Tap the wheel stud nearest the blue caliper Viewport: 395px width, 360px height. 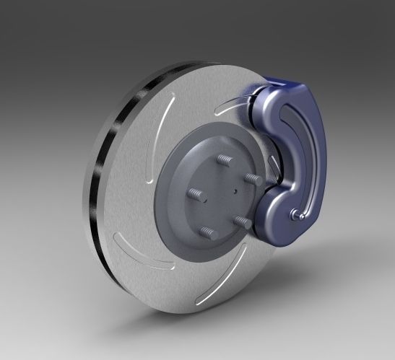pyautogui.click(x=252, y=178)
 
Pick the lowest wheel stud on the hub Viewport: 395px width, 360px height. pyautogui.click(x=209, y=232)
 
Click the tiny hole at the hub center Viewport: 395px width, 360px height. pyautogui.click(x=235, y=191)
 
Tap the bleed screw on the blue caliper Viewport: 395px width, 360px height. pyautogui.click(x=296, y=214)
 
